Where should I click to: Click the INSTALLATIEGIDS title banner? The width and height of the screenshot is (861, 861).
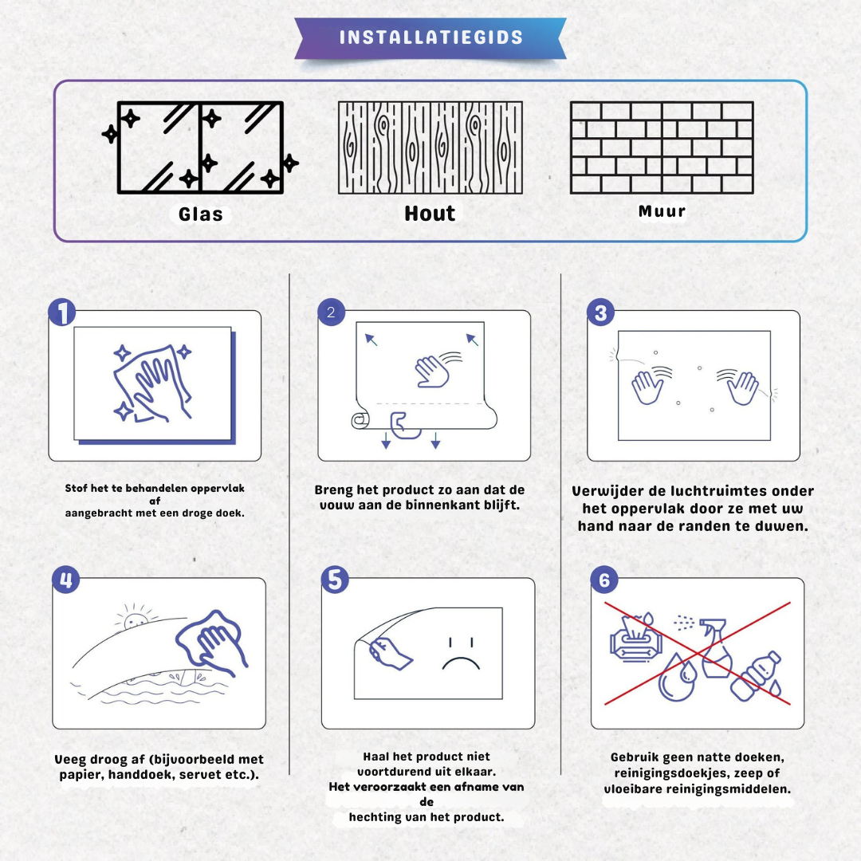tap(431, 38)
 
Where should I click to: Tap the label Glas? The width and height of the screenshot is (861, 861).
tap(200, 214)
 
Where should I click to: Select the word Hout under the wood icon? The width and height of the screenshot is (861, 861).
tap(430, 213)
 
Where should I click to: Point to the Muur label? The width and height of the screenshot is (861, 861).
tap(662, 211)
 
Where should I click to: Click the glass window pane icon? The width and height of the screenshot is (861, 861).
tap(200, 147)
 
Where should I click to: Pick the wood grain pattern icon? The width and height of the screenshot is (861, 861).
tap(430, 147)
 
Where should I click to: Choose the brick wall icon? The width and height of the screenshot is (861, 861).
tap(662, 147)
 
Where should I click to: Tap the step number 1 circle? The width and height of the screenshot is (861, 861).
tap(62, 312)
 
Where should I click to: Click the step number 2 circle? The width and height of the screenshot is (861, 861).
tap(331, 312)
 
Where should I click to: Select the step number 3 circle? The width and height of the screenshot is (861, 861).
tap(601, 313)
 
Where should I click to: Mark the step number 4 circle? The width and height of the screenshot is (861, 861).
tap(66, 580)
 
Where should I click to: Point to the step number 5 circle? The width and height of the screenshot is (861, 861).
tap(335, 580)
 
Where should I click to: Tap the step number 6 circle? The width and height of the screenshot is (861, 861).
tap(604, 580)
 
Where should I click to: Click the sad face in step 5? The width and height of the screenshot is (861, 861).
tap(462, 654)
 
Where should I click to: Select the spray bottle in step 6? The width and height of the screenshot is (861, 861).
tap(716, 648)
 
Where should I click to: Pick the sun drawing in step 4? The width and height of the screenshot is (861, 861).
tap(135, 619)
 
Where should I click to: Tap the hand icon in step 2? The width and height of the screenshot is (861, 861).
tap(433, 372)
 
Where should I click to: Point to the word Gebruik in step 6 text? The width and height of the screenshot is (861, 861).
tap(635, 757)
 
